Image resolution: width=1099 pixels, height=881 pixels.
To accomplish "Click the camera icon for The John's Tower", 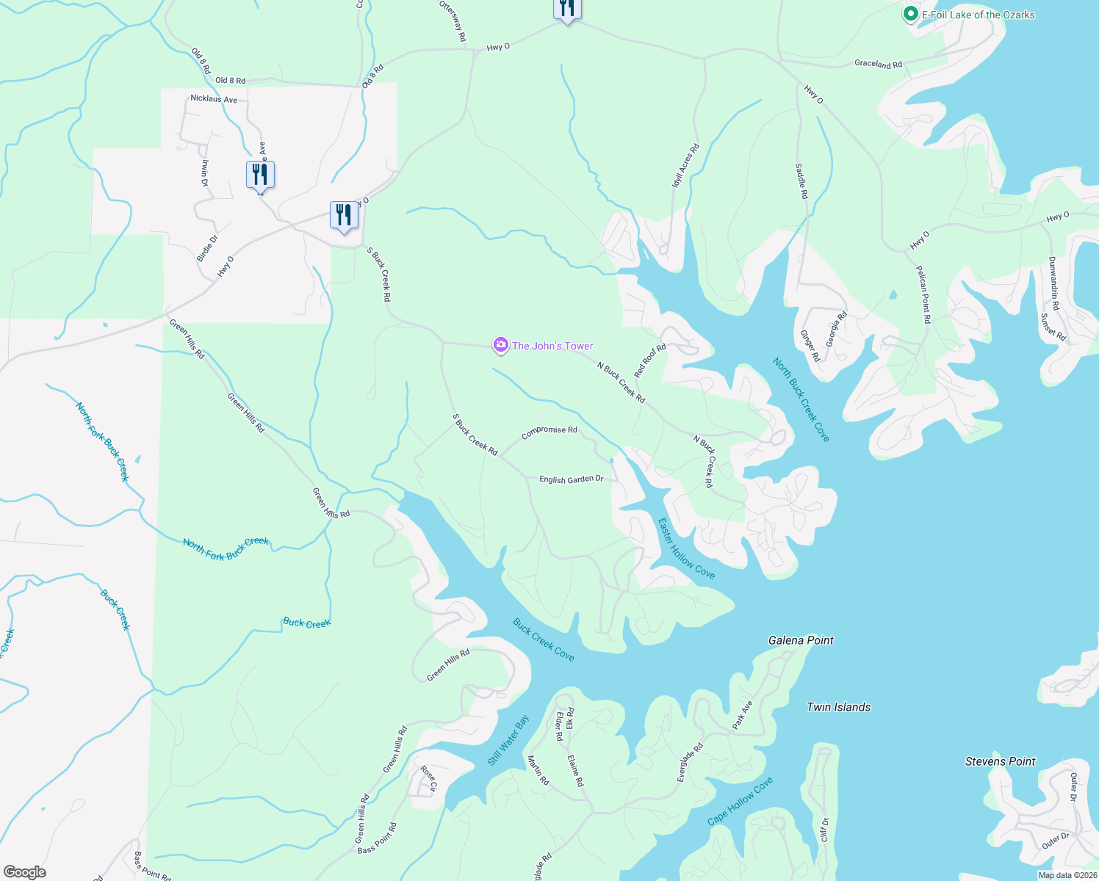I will pyautogui.click(x=501, y=345).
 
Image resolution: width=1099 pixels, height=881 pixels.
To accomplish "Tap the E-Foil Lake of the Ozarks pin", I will pyautogui.click(x=910, y=14).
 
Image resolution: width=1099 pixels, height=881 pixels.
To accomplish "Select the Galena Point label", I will pyautogui.click(x=801, y=640).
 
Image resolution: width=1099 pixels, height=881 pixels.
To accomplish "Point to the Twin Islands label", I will pyautogui.click(x=838, y=707).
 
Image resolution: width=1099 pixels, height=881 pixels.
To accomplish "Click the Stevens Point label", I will pyautogui.click(x=1000, y=761).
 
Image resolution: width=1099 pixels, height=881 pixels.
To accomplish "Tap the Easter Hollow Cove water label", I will pyautogui.click(x=686, y=548).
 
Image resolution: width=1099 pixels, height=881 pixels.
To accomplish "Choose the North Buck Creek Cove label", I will pyautogui.click(x=801, y=400).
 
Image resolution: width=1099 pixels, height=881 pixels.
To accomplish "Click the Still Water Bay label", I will pyautogui.click(x=508, y=741).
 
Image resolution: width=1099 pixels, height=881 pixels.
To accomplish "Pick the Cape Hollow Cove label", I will pyautogui.click(x=741, y=801).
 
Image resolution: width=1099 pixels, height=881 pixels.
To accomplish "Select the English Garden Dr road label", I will pyautogui.click(x=571, y=479).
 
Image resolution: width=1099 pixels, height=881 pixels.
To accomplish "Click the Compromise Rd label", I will pyautogui.click(x=549, y=432).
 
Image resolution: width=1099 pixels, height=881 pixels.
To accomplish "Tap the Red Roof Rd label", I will pyautogui.click(x=650, y=360).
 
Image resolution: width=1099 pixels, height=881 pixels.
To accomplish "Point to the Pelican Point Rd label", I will pyautogui.click(x=923, y=294).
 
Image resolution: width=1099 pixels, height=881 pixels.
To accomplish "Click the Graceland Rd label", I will pyautogui.click(x=878, y=64).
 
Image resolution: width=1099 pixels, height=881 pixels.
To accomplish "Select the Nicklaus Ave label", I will pyautogui.click(x=214, y=99).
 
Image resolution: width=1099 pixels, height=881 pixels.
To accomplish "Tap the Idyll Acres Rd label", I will pyautogui.click(x=685, y=166).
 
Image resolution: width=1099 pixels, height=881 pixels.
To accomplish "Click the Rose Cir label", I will pyautogui.click(x=428, y=778).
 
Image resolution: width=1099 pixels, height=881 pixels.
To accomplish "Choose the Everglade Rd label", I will pyautogui.click(x=691, y=762).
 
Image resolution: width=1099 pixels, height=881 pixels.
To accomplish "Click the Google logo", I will pyautogui.click(x=24, y=872).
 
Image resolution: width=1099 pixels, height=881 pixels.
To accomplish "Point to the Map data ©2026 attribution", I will pyautogui.click(x=1067, y=875).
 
